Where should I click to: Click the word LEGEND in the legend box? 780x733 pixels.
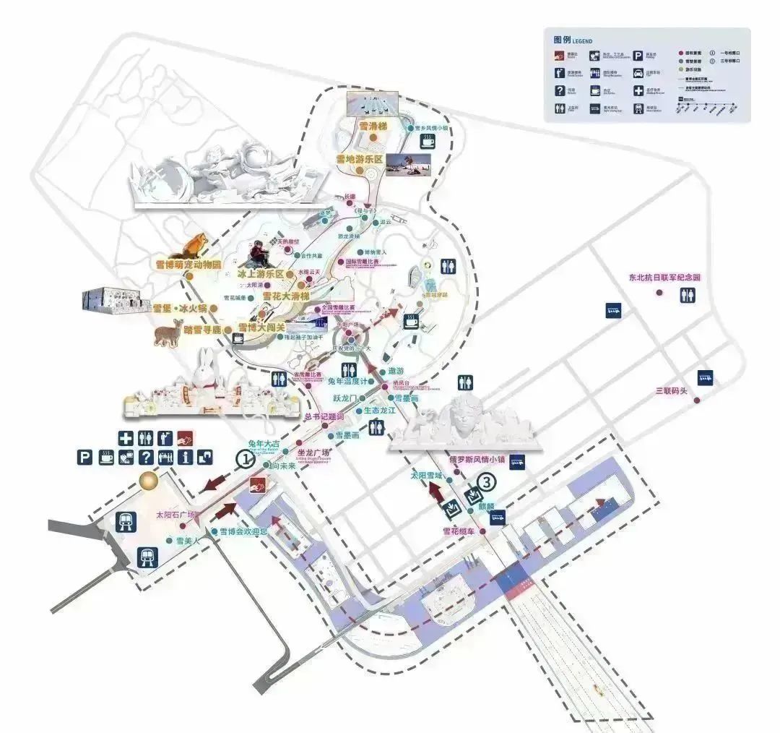click(581, 41)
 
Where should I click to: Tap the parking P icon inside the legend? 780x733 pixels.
click(639, 54)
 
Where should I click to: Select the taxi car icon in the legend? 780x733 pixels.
click(639, 72)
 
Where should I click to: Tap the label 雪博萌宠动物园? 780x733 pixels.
click(187, 265)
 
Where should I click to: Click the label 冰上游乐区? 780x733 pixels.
click(261, 275)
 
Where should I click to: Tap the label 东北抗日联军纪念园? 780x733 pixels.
click(664, 278)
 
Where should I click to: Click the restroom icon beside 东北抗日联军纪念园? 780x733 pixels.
click(688, 295)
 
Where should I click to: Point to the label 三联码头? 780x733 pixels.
click(669, 391)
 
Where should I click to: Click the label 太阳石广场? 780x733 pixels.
click(176, 515)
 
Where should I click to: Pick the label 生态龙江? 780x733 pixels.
click(379, 410)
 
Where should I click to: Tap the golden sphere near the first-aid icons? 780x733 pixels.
click(149, 480)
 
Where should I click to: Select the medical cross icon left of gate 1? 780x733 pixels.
click(126, 437)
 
